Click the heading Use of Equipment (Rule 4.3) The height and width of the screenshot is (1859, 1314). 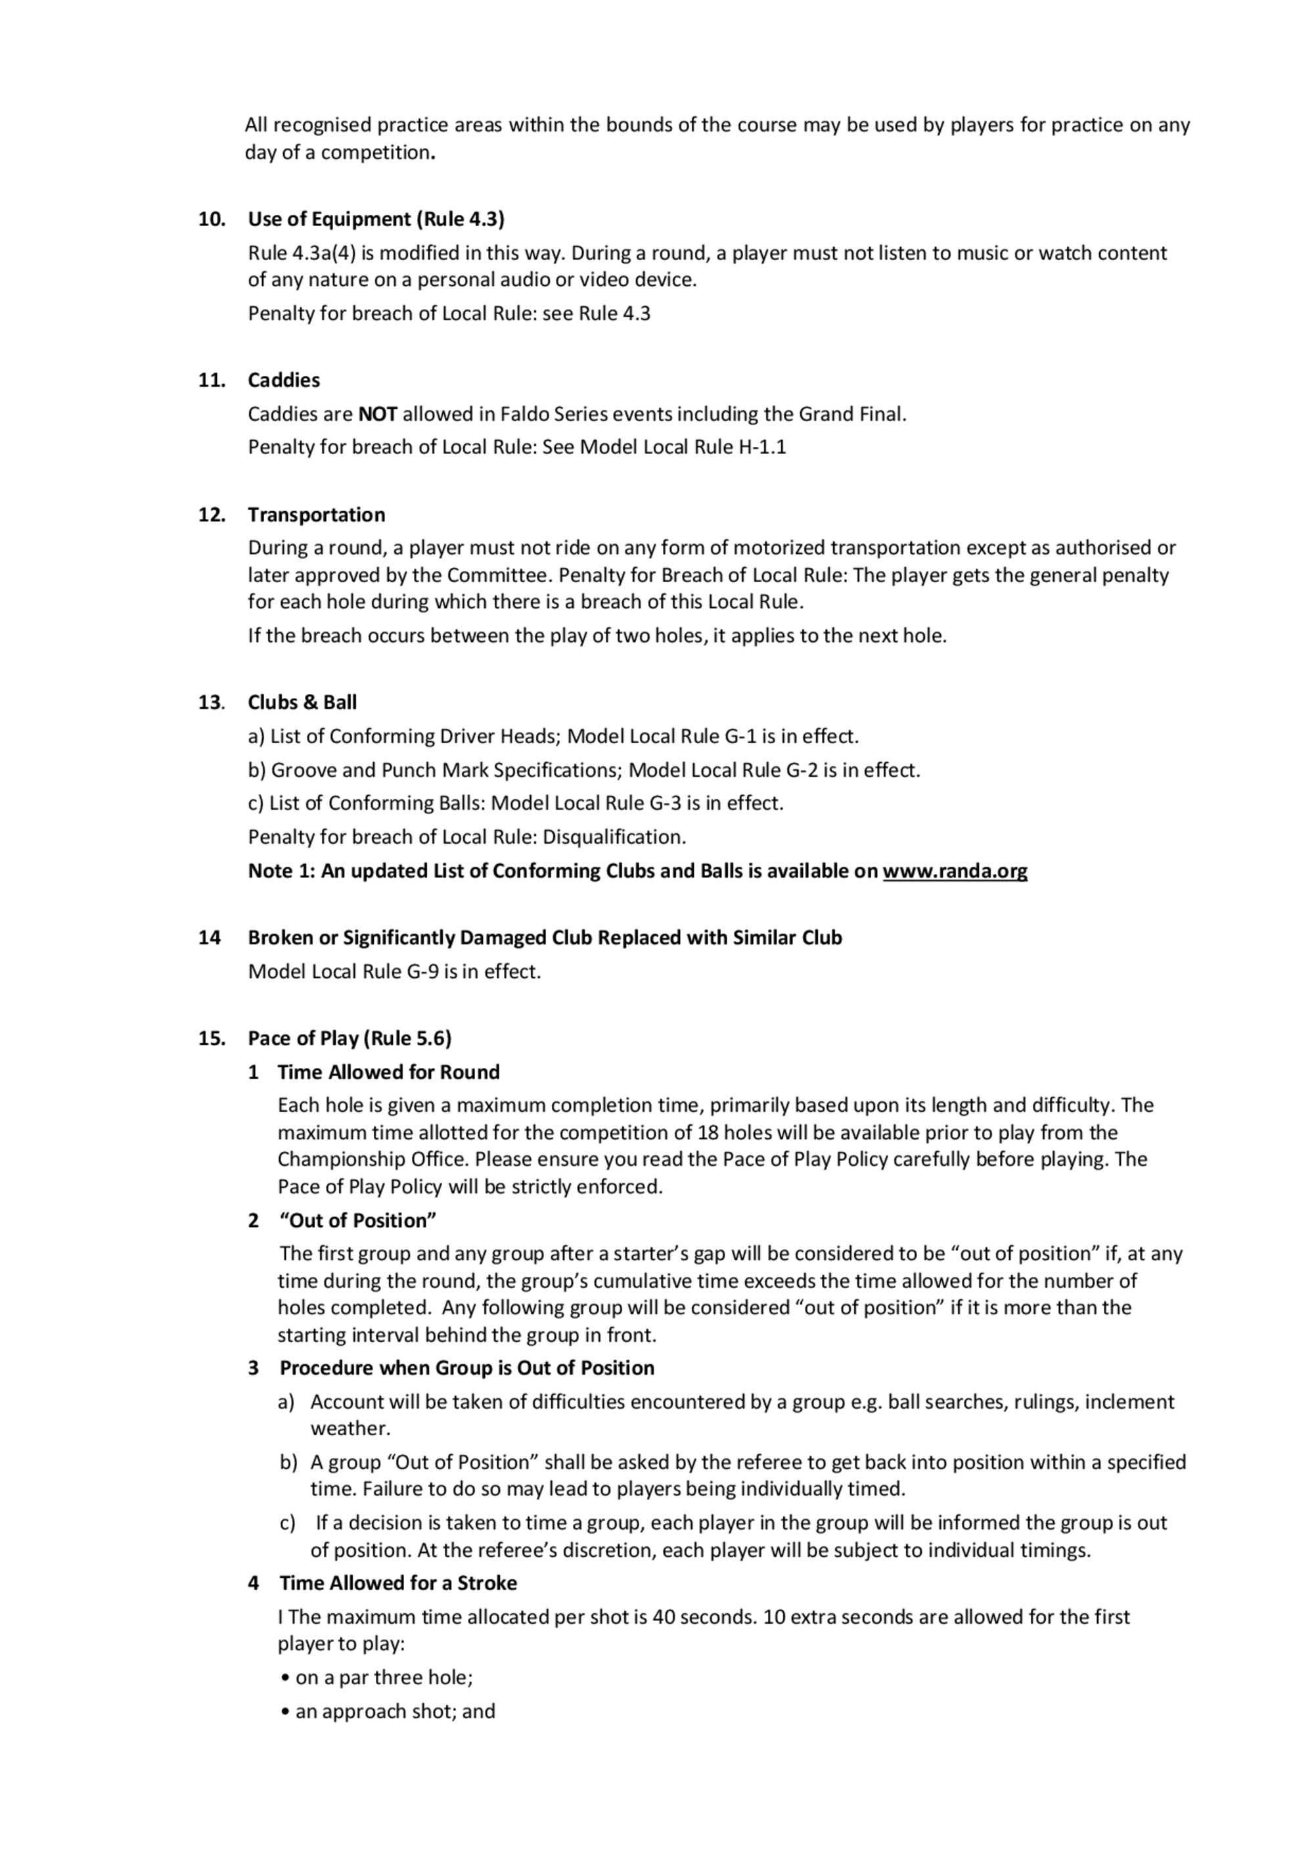click(376, 219)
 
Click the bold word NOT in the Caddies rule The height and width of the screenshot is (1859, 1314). click(377, 415)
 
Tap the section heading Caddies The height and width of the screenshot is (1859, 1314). click(283, 380)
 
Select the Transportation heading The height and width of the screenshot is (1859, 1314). click(317, 515)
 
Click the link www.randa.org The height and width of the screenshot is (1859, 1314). click(955, 871)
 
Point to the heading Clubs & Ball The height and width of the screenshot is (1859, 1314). click(302, 703)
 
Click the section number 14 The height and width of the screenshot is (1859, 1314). click(209, 938)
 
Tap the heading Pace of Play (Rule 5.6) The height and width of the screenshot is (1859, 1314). click(350, 1038)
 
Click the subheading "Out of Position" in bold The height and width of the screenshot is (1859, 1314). click(358, 1220)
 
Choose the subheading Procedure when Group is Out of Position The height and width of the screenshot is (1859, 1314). click(467, 1367)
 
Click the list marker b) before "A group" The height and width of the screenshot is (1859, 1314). click(289, 1462)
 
